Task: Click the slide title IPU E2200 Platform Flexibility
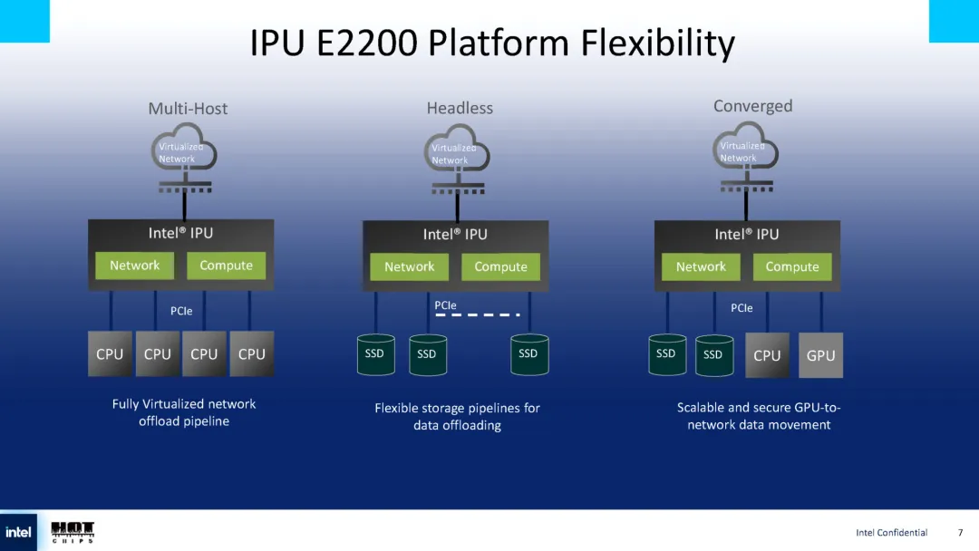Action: point(492,43)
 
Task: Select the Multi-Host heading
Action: point(188,109)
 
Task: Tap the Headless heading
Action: point(460,108)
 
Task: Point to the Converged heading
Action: point(752,106)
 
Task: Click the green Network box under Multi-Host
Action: point(134,266)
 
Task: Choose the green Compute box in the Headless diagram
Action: point(500,266)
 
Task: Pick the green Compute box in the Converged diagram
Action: point(791,266)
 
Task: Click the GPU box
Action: point(820,355)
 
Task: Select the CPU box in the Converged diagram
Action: point(767,355)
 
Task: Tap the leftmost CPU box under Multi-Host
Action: point(110,354)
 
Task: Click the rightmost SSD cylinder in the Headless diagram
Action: point(528,354)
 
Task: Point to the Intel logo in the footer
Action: point(19,532)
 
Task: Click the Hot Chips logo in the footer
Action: point(73,532)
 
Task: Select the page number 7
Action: point(960,533)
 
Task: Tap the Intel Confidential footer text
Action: point(891,533)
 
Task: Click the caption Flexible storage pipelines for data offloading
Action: point(457,417)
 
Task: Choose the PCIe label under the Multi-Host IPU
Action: point(181,311)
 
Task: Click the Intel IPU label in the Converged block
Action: point(746,234)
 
